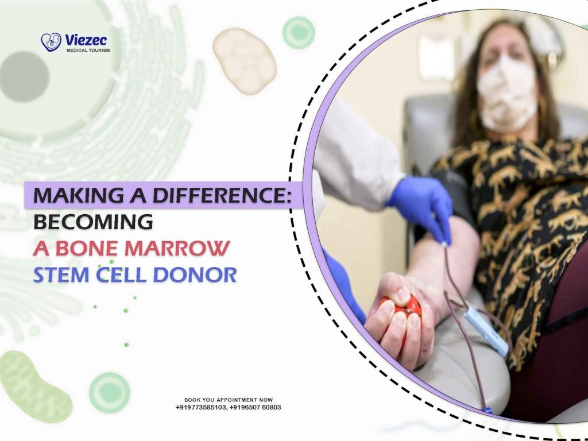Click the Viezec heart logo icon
51,42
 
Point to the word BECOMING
93,222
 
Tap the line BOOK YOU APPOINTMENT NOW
229,400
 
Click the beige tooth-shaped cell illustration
244,60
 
